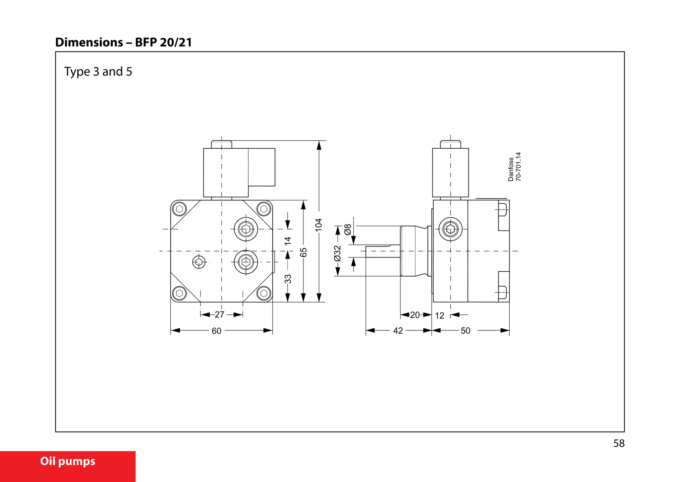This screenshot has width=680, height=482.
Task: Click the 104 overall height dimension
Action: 319,225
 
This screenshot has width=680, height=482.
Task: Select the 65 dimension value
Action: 303,252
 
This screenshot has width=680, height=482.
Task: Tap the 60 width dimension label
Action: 216,331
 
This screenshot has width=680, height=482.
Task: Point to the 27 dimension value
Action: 219,314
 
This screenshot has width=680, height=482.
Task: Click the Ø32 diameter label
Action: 337,253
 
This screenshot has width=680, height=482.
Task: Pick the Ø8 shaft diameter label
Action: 348,229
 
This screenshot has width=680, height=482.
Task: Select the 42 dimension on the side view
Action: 398,330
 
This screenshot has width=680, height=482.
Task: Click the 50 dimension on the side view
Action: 466,330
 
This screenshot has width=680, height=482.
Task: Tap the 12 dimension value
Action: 440,315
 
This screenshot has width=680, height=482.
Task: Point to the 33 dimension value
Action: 288,279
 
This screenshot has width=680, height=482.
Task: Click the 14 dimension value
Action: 288,241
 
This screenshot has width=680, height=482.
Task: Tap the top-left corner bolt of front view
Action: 180,209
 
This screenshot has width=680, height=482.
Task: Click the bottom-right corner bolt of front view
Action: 264,293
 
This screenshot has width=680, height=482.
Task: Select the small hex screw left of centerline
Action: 199,262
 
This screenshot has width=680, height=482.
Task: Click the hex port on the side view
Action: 451,229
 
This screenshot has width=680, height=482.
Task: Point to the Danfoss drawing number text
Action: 515,167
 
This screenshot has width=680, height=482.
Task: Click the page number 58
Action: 619,443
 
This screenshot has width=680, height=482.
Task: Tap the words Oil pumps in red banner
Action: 68,461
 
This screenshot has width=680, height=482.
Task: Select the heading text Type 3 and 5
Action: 98,72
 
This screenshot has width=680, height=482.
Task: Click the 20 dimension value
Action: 415,315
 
